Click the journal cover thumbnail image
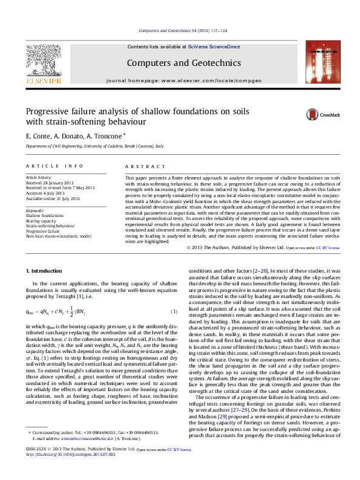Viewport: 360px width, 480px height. (x=322, y=60)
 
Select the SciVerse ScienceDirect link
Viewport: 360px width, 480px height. (x=214, y=47)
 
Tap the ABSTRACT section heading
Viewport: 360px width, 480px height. (x=140, y=165)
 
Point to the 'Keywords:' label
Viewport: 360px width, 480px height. (x=35, y=210)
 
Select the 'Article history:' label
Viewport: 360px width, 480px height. (x=39, y=178)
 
